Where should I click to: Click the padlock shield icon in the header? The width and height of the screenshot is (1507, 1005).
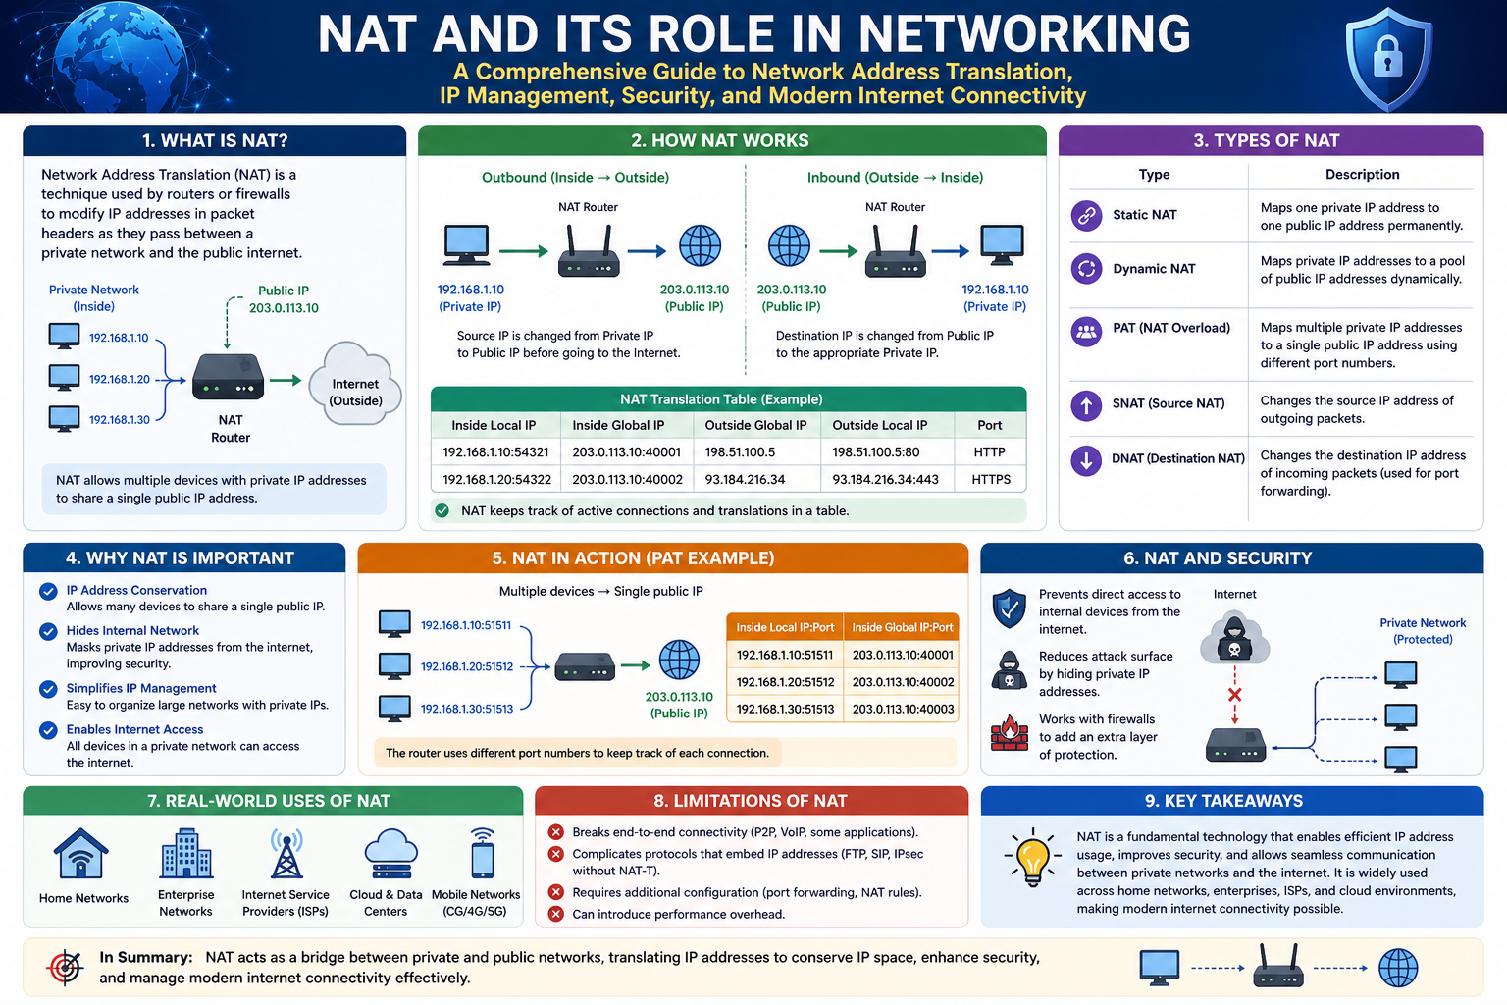pos(1387,58)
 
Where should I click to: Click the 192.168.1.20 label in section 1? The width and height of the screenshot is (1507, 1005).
pos(120,379)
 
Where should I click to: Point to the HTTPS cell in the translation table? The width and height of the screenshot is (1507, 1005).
pos(990,479)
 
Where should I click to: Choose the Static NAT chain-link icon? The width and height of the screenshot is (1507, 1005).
pos(1086,215)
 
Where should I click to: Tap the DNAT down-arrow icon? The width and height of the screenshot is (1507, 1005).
pos(1086,459)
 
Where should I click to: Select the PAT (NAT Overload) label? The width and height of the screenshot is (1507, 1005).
pos(1170,328)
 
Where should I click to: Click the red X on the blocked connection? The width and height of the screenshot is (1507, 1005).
pos(1234,695)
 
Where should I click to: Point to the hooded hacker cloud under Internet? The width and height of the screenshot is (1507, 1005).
pos(1234,639)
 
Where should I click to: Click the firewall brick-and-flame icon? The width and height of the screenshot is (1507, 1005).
pos(1009,732)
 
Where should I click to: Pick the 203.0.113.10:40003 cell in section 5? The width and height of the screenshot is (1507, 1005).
pos(903,709)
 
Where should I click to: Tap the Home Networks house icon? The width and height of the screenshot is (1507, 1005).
pos(82,854)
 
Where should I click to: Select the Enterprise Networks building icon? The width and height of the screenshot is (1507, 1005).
pos(186,854)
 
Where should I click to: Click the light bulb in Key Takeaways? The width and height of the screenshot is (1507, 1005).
pos(1032,856)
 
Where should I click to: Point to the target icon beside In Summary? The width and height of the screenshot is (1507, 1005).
pos(66,967)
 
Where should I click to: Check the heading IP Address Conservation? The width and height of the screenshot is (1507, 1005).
pos(136,590)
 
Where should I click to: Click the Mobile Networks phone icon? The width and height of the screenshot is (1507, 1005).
pos(482,854)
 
